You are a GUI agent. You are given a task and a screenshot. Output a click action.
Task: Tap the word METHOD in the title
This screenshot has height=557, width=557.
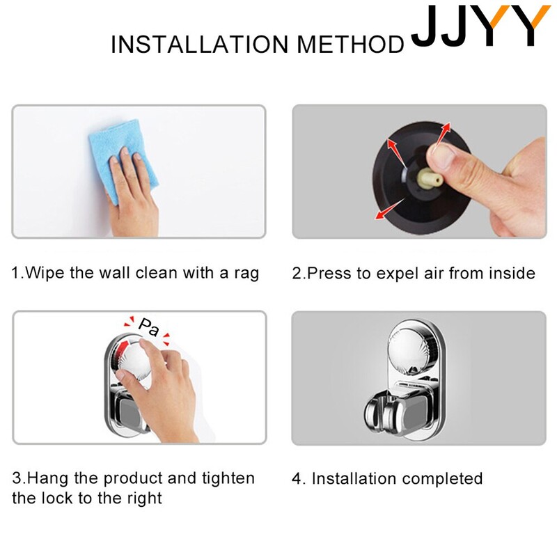[351, 45]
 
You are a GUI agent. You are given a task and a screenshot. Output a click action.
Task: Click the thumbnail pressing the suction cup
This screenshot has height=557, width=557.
[441, 155]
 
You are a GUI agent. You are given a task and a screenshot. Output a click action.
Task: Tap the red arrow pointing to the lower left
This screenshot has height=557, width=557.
[389, 209]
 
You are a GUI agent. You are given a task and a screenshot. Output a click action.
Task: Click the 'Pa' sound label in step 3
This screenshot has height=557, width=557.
[149, 327]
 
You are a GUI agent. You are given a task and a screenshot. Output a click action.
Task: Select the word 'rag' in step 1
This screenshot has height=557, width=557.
[246, 274]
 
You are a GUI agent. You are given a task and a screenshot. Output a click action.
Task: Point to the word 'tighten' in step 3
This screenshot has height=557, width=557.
[228, 478]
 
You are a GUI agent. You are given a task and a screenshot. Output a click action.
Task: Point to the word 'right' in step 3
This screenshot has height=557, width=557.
[146, 499]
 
